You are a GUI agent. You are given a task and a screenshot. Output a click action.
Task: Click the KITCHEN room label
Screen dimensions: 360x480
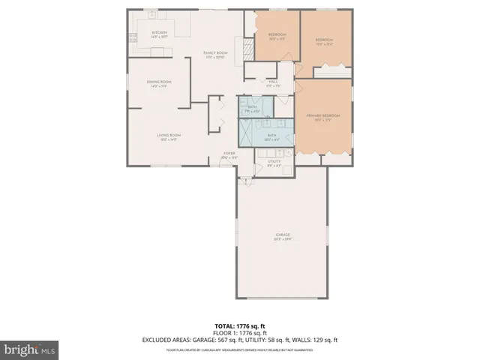click(x=159, y=34)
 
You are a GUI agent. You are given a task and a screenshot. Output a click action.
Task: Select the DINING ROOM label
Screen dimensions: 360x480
click(x=159, y=82)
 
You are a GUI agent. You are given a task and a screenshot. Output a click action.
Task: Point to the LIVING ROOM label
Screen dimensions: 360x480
click(x=168, y=136)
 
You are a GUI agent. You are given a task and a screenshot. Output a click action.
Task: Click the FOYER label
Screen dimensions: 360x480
click(x=229, y=155)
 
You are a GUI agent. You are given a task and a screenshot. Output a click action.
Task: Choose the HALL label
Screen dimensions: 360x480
click(x=273, y=83)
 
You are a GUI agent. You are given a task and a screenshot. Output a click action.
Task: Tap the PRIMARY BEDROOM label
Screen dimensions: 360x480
click(x=323, y=116)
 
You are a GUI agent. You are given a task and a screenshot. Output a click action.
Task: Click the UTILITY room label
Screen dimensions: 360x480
click(x=274, y=163)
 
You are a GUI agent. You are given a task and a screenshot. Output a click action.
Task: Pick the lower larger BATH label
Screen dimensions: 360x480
click(x=272, y=136)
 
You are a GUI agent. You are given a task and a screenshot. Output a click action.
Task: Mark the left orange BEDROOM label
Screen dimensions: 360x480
click(x=277, y=36)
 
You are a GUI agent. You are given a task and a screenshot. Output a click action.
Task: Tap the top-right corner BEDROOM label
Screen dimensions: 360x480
click(x=324, y=40)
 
